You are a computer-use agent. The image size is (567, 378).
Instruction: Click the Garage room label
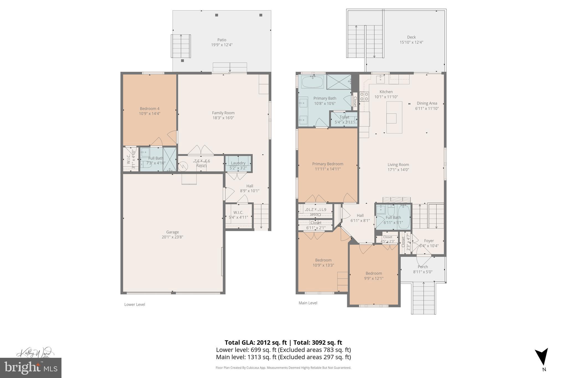coord(172,232)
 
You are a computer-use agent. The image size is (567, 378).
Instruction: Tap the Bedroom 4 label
coord(150,109)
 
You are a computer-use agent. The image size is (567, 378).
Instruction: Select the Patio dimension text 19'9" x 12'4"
coord(222,45)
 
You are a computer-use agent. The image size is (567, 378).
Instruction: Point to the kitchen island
coord(394,117)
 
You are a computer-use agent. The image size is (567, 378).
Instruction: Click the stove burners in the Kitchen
coord(364,96)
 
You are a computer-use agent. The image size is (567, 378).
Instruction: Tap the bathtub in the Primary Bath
coord(312,82)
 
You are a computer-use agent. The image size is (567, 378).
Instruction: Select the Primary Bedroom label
coord(328,164)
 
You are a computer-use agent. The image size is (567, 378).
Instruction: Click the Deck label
coord(411,37)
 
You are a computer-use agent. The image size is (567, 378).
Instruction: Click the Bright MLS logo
coord(31,368)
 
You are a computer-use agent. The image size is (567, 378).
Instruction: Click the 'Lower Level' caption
coord(135,304)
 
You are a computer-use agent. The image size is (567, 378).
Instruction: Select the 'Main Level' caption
coord(308,303)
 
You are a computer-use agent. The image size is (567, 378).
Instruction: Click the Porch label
coord(423,267)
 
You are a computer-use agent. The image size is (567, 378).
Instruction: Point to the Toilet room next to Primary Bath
coord(344,119)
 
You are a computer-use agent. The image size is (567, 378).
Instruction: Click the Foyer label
coord(429,241)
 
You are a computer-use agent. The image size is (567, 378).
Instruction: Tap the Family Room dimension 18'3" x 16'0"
coord(223,118)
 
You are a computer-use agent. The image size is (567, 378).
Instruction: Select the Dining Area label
coord(427,103)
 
